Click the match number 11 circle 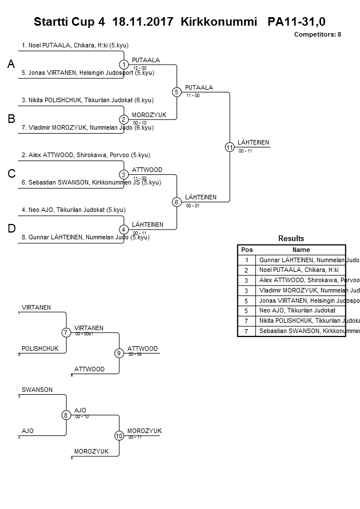tap(229, 147)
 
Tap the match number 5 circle tap(177, 92)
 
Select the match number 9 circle tap(119, 353)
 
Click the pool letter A tap(11, 65)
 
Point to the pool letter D tap(11, 229)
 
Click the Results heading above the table tap(291, 238)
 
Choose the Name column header tap(301, 250)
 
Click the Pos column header tap(247, 250)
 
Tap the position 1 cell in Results tap(247, 260)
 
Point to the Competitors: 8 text tap(317, 34)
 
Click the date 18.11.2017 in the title tap(143, 22)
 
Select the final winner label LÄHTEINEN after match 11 tap(253, 142)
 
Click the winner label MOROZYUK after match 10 tap(145, 431)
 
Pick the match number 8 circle tap(66, 415)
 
